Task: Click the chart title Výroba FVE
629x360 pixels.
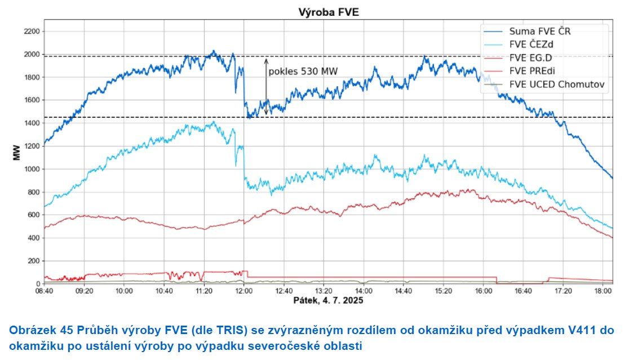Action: point(327,12)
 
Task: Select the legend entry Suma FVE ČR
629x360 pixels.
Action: point(540,30)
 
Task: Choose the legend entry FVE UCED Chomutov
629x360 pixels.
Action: point(557,85)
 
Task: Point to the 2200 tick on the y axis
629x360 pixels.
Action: point(31,32)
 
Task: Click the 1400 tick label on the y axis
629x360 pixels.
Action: point(31,123)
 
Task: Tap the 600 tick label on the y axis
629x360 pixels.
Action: point(33,215)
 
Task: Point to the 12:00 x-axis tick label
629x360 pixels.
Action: point(244,291)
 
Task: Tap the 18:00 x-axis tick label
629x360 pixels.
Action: point(603,291)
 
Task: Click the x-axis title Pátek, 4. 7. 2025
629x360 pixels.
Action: point(328,301)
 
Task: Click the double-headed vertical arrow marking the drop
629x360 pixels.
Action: point(266,85)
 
